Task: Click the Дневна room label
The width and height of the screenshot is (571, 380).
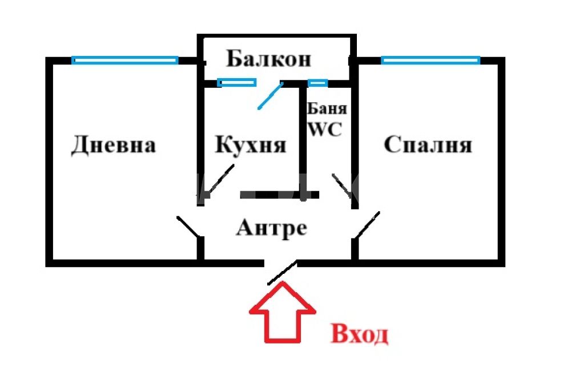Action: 113,145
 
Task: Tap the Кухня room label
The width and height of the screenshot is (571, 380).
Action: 251,144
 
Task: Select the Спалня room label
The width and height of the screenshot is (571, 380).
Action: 428,144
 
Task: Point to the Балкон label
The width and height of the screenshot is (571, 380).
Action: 269,59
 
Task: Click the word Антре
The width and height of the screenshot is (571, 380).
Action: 271,228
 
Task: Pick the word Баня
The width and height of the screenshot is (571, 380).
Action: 327,108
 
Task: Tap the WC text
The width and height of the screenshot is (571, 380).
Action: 325,129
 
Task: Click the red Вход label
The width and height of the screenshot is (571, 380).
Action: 359,334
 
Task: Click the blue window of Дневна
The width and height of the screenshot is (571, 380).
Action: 124,60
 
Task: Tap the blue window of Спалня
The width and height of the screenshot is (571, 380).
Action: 431,60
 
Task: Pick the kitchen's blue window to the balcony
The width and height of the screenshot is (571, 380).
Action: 237,83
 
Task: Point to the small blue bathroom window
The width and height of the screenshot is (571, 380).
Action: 317,83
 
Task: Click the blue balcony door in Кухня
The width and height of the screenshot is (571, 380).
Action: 270,96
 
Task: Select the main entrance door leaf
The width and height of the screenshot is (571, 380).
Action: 282,273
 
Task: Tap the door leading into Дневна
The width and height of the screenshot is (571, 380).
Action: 188,227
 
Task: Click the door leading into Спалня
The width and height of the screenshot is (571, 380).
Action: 367,225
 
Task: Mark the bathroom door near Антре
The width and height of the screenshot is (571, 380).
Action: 342,185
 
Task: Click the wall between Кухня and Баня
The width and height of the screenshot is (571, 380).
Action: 302,142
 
